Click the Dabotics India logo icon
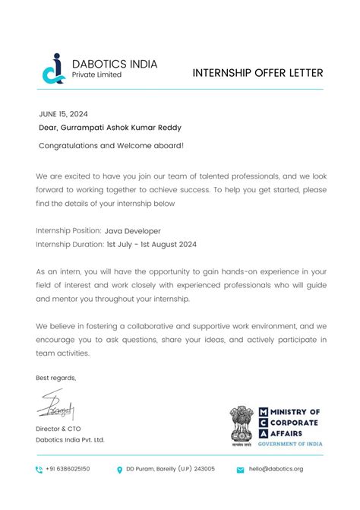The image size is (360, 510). tap(52, 68)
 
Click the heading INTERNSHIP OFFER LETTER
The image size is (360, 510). tap(257, 73)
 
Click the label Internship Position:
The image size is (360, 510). tap(68, 230)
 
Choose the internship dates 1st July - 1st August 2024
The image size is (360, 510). tap(152, 244)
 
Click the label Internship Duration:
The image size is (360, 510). tap(70, 244)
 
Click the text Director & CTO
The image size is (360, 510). tap(58, 429)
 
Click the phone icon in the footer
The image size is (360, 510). tap(39, 470)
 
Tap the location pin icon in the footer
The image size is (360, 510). tap(120, 470)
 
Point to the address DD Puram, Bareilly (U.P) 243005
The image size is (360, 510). tap(170, 469)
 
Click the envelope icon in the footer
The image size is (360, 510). tap(240, 470)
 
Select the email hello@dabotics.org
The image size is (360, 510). tap(276, 469)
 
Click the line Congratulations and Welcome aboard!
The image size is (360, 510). tap(111, 144)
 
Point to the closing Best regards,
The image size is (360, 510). tap(55, 378)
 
